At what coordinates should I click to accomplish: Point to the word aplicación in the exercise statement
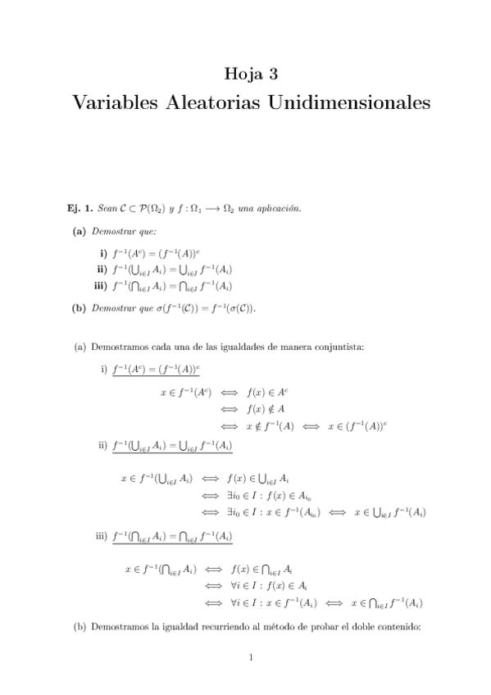click(x=252, y=208)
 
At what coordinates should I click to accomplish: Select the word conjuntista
click(x=343, y=347)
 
